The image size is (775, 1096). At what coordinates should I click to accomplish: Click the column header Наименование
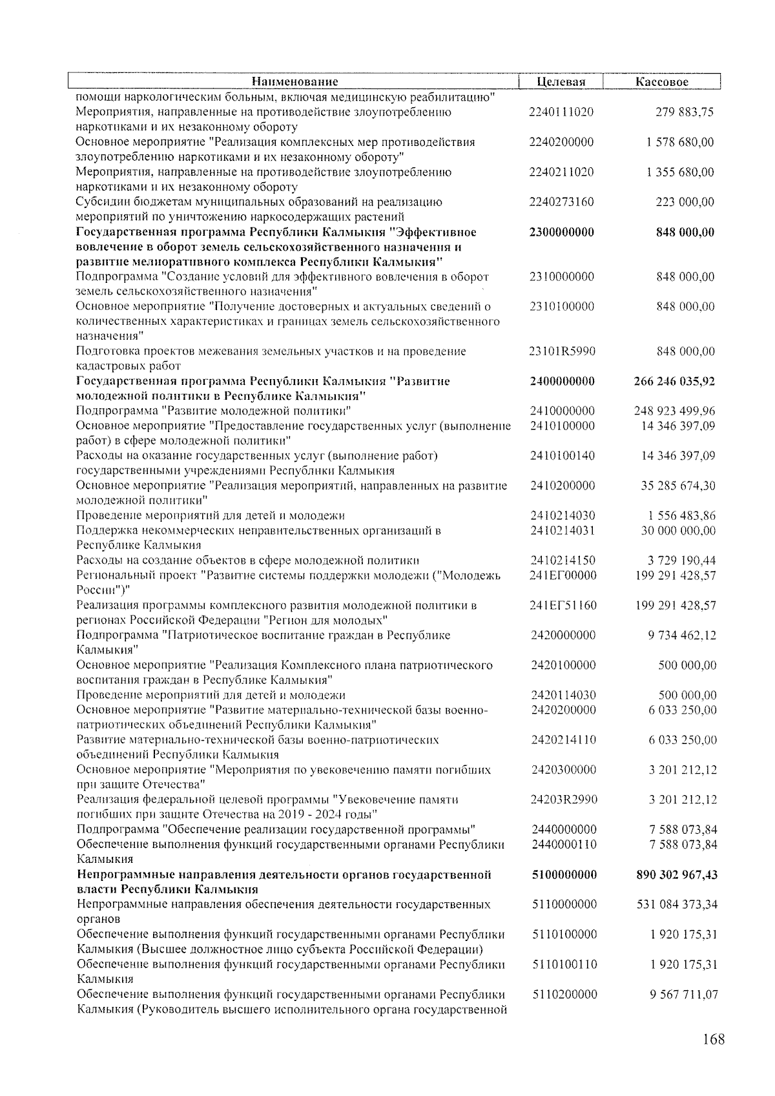[x=294, y=82]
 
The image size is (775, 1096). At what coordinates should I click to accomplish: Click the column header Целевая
[x=561, y=82]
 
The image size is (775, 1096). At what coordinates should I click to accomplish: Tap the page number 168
[x=714, y=1039]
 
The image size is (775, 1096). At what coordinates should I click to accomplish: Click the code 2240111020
[x=561, y=112]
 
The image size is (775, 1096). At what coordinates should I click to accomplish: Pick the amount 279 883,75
[x=685, y=112]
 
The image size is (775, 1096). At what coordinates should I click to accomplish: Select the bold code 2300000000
[x=561, y=232]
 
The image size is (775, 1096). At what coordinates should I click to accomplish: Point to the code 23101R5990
[x=562, y=351]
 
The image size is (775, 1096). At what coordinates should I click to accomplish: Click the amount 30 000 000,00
[x=678, y=530]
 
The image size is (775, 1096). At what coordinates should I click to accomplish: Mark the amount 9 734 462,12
[x=682, y=635]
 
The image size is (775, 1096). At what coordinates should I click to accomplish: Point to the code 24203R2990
[x=564, y=800]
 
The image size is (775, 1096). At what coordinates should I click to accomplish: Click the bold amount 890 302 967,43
[x=677, y=874]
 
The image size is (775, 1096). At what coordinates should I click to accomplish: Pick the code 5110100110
[x=564, y=964]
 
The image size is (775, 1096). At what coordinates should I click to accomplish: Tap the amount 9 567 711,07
[x=683, y=994]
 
